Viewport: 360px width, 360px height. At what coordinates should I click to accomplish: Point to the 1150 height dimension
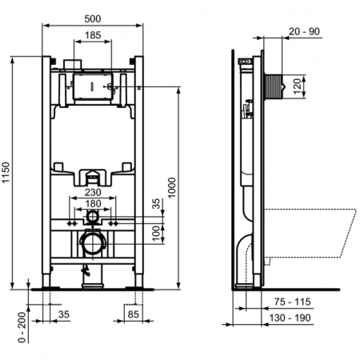coord(7,174)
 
